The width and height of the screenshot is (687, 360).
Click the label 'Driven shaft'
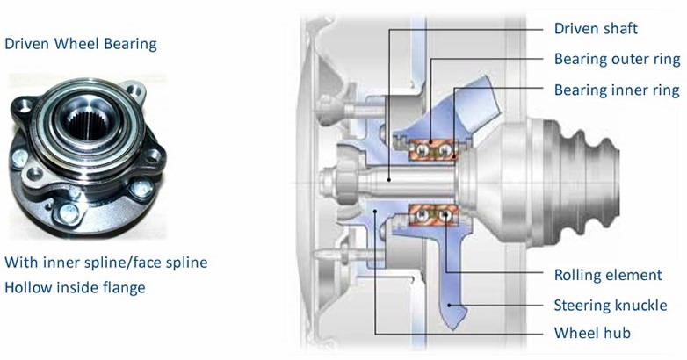[x=596, y=28]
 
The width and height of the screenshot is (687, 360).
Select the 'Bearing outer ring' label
[x=618, y=59]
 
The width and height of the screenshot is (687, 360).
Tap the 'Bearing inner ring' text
[x=617, y=90]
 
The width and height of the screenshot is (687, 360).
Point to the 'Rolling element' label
[x=608, y=275]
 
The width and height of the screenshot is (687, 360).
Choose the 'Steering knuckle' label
[x=611, y=306]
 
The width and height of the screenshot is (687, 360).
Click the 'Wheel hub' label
[x=592, y=333]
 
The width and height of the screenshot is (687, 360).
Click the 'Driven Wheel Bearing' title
[x=81, y=44]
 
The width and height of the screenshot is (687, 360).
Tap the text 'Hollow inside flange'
[x=75, y=288]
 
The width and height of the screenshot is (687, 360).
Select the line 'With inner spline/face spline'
[x=106, y=263]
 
